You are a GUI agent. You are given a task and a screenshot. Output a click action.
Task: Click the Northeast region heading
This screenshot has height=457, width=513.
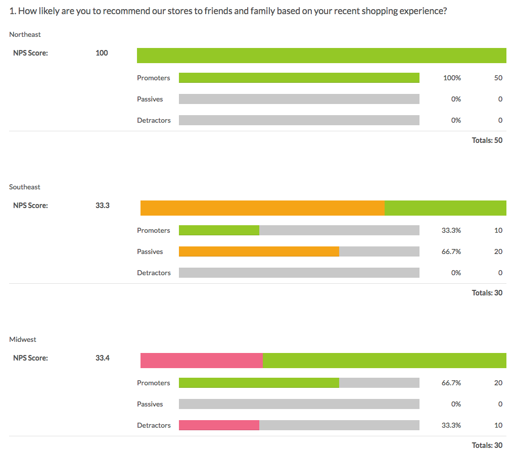coord(25,34)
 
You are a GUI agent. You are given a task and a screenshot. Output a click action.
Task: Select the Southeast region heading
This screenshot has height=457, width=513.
coord(25,187)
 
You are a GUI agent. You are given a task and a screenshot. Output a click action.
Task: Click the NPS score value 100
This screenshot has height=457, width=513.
coord(102,53)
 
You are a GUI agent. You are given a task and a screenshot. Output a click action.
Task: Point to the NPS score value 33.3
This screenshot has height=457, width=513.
coord(102,206)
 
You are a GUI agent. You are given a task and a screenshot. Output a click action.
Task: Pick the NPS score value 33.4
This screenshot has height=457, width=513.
coord(102,358)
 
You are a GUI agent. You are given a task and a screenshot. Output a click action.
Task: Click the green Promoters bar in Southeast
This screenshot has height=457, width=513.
coord(219,230)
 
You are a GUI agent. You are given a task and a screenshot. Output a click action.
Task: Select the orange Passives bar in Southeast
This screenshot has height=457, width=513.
coord(259,251)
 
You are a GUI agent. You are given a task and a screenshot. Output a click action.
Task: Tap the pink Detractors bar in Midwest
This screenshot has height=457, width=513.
coord(219,425)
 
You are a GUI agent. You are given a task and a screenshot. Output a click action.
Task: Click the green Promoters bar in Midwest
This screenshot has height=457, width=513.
coord(259,383)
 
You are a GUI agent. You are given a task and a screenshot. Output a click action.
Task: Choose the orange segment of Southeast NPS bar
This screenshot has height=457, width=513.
coord(262,208)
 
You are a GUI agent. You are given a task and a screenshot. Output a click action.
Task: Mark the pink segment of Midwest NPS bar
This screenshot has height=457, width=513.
coord(201,361)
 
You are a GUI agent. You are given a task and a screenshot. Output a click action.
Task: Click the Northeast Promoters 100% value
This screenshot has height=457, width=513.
coord(452,78)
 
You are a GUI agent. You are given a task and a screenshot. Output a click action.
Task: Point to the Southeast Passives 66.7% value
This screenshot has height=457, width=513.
coord(451,251)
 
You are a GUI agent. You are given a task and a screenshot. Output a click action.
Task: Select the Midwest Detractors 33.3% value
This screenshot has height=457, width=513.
coord(451,425)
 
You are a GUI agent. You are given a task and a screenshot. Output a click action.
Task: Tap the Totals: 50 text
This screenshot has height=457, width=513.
coord(487,140)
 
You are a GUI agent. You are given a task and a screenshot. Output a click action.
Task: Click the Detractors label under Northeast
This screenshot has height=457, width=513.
coord(154,120)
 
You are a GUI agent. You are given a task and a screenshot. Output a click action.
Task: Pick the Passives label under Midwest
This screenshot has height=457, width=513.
coord(150,404)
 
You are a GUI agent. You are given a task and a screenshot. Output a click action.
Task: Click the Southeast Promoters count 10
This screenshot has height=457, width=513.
coord(498,230)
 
